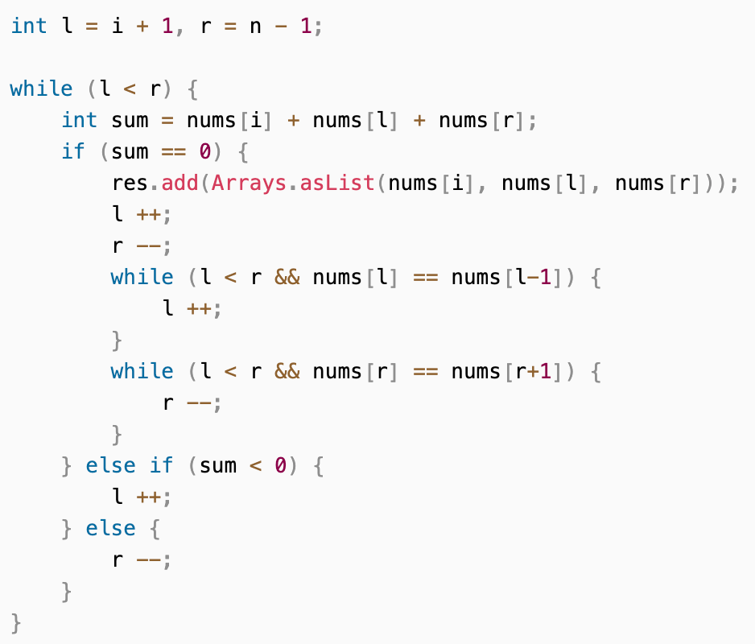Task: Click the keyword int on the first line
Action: tap(28, 26)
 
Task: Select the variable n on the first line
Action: tap(255, 27)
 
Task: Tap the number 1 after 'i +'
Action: tap(167, 26)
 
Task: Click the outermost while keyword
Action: tap(41, 89)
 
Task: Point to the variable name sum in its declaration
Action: tap(130, 121)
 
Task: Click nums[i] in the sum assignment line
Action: tap(229, 121)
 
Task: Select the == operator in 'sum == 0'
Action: tap(173, 152)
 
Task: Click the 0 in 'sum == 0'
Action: tap(205, 151)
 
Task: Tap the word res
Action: tap(130, 184)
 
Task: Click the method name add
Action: tap(179, 183)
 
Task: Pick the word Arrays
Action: tap(249, 184)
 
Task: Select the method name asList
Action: tap(337, 183)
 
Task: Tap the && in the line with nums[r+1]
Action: tap(287, 372)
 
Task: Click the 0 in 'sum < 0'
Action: tap(280, 466)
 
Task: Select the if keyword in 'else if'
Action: tap(161, 465)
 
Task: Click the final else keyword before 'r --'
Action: tap(110, 528)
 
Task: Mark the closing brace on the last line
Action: tap(16, 623)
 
